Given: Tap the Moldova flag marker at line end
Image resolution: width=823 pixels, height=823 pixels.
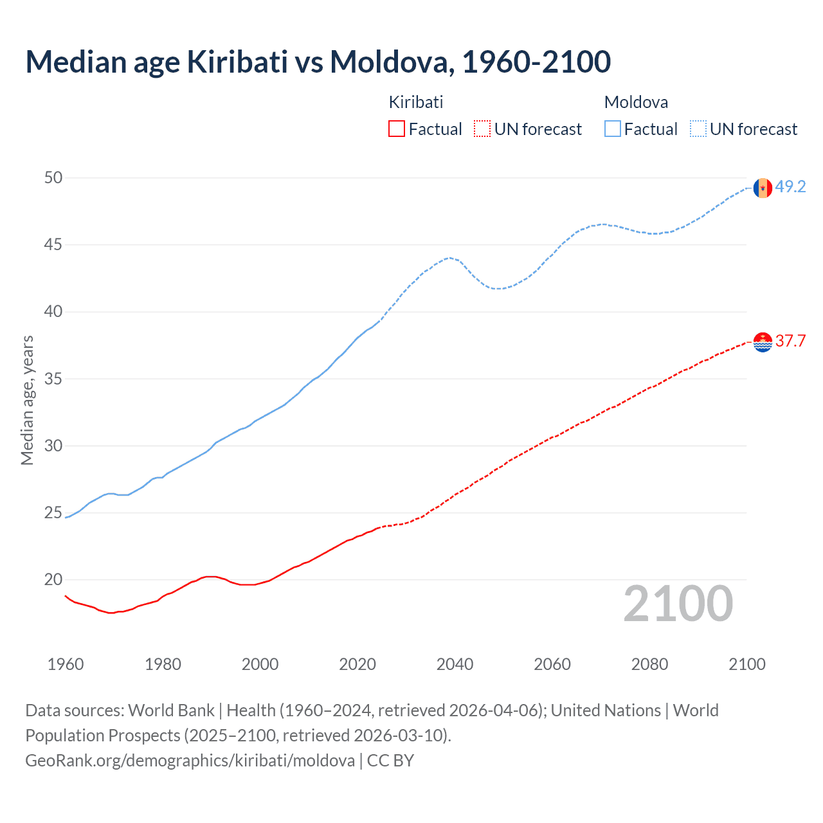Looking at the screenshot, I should [763, 188].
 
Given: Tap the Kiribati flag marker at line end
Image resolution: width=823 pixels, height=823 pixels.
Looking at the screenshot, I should [763, 342].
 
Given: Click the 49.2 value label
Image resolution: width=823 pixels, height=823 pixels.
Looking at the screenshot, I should [790, 187].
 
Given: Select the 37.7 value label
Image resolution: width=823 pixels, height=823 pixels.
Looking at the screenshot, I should [790, 341].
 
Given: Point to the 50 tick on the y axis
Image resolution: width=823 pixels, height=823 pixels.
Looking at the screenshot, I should [53, 178].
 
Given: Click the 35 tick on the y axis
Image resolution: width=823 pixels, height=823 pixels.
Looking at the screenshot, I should [53, 379].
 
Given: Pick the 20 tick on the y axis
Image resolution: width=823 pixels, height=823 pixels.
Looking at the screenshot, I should [53, 580].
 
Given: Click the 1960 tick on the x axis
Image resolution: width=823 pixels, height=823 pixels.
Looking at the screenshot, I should [66, 664].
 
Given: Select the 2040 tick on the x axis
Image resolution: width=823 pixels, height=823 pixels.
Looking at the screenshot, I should [455, 664].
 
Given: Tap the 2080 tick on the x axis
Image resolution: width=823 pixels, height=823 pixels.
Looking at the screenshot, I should [649, 664].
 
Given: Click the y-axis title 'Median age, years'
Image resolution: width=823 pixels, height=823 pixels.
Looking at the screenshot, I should [27, 400].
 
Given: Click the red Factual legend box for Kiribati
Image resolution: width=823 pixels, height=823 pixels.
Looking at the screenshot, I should [397, 129].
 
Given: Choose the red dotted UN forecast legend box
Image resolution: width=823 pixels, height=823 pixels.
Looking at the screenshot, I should [482, 129].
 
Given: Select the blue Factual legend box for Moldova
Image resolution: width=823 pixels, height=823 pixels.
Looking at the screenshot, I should [613, 129].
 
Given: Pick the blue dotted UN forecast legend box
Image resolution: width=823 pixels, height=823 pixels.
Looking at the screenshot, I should [698, 129].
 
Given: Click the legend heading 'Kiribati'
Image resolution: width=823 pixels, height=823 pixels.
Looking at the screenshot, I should [416, 102].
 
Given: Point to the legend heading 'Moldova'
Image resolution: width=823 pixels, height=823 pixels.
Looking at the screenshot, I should [636, 102].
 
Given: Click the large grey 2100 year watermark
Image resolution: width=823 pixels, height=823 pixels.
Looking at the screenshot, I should [678, 603].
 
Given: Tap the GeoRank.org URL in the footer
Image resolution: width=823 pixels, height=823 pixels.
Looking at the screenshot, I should [190, 761].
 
